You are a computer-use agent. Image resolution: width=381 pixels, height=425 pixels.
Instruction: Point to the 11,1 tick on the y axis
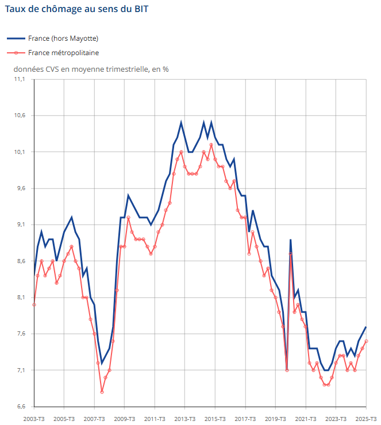click(20, 79)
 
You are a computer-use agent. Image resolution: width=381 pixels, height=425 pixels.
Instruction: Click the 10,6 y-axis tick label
click(20, 115)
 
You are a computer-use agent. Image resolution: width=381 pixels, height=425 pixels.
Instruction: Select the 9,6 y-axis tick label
click(20, 188)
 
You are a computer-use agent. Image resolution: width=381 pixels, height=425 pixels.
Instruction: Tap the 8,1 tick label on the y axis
click(20, 297)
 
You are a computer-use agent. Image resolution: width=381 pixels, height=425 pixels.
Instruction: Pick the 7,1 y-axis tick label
click(20, 370)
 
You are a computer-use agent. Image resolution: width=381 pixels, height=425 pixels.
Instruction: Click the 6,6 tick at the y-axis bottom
click(20, 407)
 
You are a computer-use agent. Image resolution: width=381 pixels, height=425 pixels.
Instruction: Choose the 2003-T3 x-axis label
click(34, 419)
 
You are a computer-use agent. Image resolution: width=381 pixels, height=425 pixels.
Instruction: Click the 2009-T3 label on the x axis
click(124, 419)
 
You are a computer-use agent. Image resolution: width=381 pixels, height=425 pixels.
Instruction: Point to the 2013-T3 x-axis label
click(184, 419)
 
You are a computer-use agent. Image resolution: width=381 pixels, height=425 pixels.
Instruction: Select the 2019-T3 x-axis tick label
click(275, 419)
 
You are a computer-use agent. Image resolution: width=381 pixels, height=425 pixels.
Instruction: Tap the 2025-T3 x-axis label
click(365, 419)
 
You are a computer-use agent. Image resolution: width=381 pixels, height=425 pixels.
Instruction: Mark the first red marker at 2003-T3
click(34, 304)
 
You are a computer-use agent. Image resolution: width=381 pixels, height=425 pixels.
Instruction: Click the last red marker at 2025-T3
click(366, 341)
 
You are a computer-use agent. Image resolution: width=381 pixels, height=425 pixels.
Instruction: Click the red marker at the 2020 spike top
click(291, 254)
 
